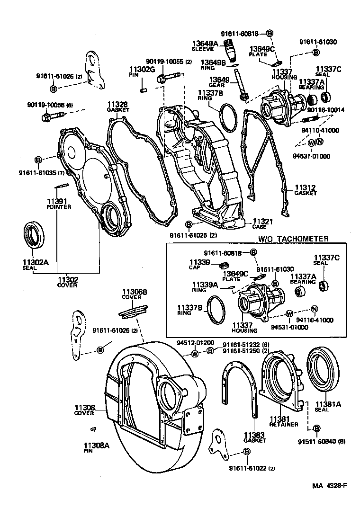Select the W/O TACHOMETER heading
click(x=293, y=239)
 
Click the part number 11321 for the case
click(x=262, y=221)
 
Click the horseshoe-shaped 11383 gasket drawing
click(x=241, y=388)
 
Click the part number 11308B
click(x=136, y=292)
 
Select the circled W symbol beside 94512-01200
click(x=195, y=354)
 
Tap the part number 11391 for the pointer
click(x=58, y=202)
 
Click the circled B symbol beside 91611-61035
click(x=38, y=159)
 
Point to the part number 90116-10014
click(x=325, y=110)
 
